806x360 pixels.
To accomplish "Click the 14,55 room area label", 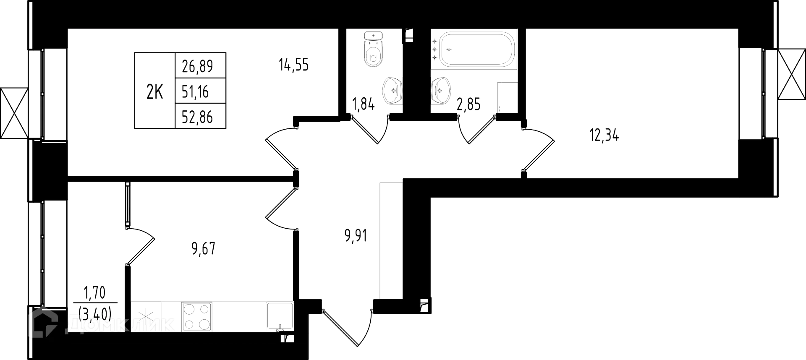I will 293,65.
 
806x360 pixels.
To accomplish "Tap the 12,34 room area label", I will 604,135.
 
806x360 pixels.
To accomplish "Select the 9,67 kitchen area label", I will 203,249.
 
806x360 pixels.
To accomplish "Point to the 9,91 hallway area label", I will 355,235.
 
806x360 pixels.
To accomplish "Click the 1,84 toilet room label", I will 364,104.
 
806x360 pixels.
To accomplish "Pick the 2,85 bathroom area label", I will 468,104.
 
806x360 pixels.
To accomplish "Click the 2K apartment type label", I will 154,92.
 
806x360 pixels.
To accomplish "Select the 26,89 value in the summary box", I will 198,66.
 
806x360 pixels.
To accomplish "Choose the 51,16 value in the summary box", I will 195,91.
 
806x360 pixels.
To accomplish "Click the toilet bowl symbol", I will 373,50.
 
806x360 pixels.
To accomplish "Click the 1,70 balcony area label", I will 95,292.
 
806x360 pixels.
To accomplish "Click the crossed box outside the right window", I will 791,74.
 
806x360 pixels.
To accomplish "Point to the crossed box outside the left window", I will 14,113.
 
